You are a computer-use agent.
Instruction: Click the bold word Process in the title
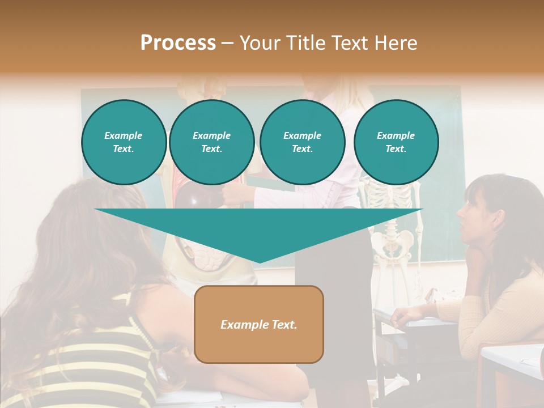(x=178, y=43)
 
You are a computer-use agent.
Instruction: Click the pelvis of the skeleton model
(x=391, y=241)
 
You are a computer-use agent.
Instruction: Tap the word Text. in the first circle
(x=124, y=148)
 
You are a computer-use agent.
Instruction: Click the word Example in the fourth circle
(x=396, y=135)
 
